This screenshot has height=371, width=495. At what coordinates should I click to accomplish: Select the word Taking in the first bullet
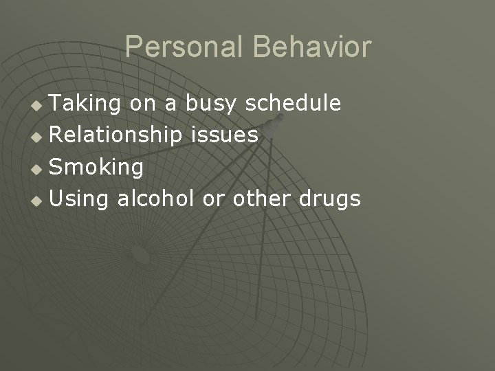pyautogui.click(x=86, y=104)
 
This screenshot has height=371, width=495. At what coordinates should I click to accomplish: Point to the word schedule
pyautogui.click(x=293, y=103)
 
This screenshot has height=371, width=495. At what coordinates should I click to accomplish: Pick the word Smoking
pyautogui.click(x=97, y=167)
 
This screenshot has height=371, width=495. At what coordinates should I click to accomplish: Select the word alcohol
pyautogui.click(x=157, y=199)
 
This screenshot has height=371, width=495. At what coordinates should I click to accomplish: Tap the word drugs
pyautogui.click(x=329, y=199)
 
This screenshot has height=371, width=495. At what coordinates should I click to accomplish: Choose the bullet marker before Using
pyautogui.click(x=38, y=201)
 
